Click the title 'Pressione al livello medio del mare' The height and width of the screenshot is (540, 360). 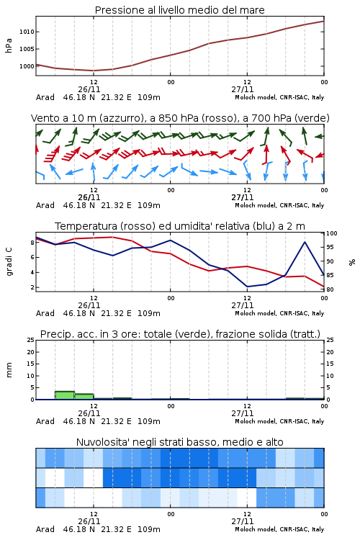pos(179,10)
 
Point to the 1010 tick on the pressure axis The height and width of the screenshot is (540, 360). pos(27,32)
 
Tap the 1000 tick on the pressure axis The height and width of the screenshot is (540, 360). pos(27,66)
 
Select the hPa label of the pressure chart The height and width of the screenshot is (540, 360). pos(9,45)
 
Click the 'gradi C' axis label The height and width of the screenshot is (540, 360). pos(9,262)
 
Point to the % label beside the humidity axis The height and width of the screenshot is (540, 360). pos(352,262)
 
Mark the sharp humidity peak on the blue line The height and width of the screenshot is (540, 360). pos(305,242)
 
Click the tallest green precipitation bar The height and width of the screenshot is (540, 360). pos(65,395)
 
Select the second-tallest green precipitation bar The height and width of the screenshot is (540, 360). pos(84,397)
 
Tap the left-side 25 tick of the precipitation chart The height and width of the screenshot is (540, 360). pos(31,340)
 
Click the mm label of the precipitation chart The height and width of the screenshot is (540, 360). pos(9,370)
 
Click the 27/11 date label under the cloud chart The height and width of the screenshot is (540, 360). pos(242,521)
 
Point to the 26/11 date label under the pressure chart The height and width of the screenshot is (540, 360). pos(89,89)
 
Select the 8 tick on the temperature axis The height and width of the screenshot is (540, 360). pos(32,243)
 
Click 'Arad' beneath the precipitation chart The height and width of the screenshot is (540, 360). pos(45,421)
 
